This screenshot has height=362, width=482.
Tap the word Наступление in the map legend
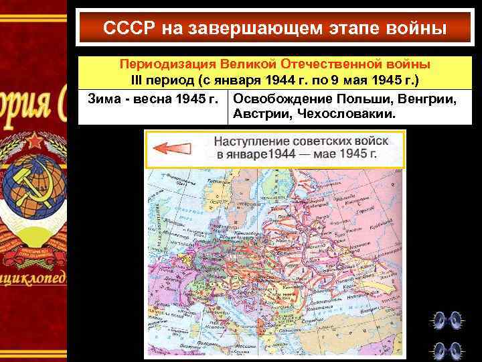click(x=250, y=142)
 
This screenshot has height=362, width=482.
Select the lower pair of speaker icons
click(x=447, y=349)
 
